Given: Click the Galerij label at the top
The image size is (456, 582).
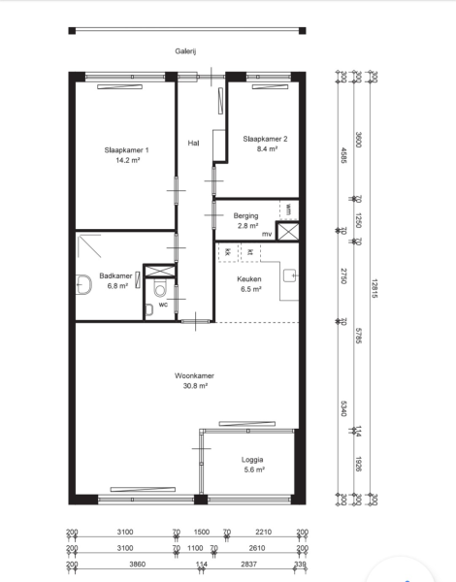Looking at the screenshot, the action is (x=185, y=51).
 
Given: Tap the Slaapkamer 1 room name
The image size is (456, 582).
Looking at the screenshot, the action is (x=127, y=150).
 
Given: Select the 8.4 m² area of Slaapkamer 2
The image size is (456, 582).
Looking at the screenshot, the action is (x=267, y=148).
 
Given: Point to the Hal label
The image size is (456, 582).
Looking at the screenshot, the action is (x=193, y=143).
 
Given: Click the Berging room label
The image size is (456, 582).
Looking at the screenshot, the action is (x=245, y=215).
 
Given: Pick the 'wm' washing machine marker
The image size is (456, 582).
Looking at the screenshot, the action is (x=288, y=209).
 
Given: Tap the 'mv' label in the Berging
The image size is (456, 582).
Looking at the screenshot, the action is (x=267, y=234).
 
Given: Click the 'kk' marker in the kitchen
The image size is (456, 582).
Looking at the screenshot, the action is (x=228, y=252).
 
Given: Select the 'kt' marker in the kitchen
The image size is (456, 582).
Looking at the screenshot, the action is (x=250, y=252).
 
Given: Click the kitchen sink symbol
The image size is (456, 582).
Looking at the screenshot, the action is (x=290, y=275).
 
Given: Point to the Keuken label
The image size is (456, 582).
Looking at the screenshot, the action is (x=249, y=278).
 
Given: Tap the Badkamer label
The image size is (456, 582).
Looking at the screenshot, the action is (x=115, y=275).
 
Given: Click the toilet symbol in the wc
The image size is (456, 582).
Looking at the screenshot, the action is (x=160, y=288).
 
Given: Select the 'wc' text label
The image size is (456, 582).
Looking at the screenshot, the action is (x=163, y=305).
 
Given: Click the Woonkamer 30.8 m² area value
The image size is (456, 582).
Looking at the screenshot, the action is (x=195, y=386).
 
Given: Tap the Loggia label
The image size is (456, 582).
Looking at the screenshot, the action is (x=252, y=460).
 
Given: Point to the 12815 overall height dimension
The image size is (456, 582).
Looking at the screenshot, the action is (x=374, y=288).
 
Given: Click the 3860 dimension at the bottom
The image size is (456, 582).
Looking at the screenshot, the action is (x=138, y=565).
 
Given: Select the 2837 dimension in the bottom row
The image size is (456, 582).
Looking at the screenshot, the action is (x=248, y=565).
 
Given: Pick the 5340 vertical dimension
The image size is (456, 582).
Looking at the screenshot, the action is (x=343, y=408).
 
